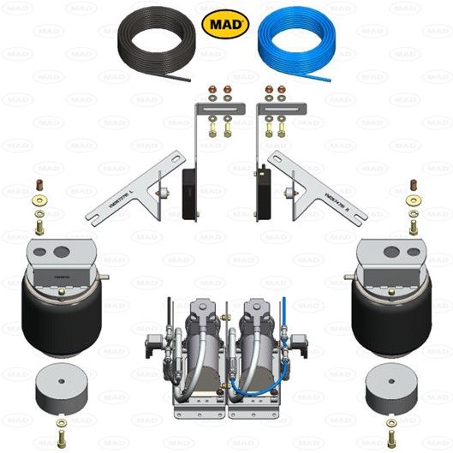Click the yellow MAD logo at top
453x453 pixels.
[226, 21]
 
